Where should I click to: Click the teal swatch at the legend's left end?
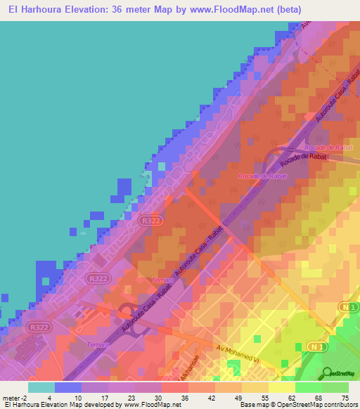tap(41, 387)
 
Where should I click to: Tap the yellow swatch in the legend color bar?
tap(282, 387)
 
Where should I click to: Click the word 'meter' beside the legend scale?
tap(11, 397)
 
